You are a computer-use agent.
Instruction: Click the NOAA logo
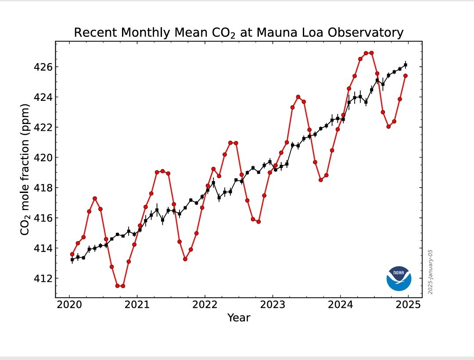[399, 278]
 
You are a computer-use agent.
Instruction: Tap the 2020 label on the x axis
[69, 304]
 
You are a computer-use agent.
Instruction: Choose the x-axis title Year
[239, 318]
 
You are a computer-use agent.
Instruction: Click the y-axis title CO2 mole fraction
[25, 169]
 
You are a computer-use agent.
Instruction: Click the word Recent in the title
[95, 33]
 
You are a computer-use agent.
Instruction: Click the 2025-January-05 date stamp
[431, 272]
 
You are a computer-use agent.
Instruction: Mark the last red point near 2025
[406, 75]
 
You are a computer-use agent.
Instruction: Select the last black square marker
[406, 65]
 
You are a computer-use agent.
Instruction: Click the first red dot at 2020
[72, 254]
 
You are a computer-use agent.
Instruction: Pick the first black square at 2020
[72, 260]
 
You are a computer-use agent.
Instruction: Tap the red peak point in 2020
[95, 199]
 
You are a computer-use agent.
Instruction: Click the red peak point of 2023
[298, 97]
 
